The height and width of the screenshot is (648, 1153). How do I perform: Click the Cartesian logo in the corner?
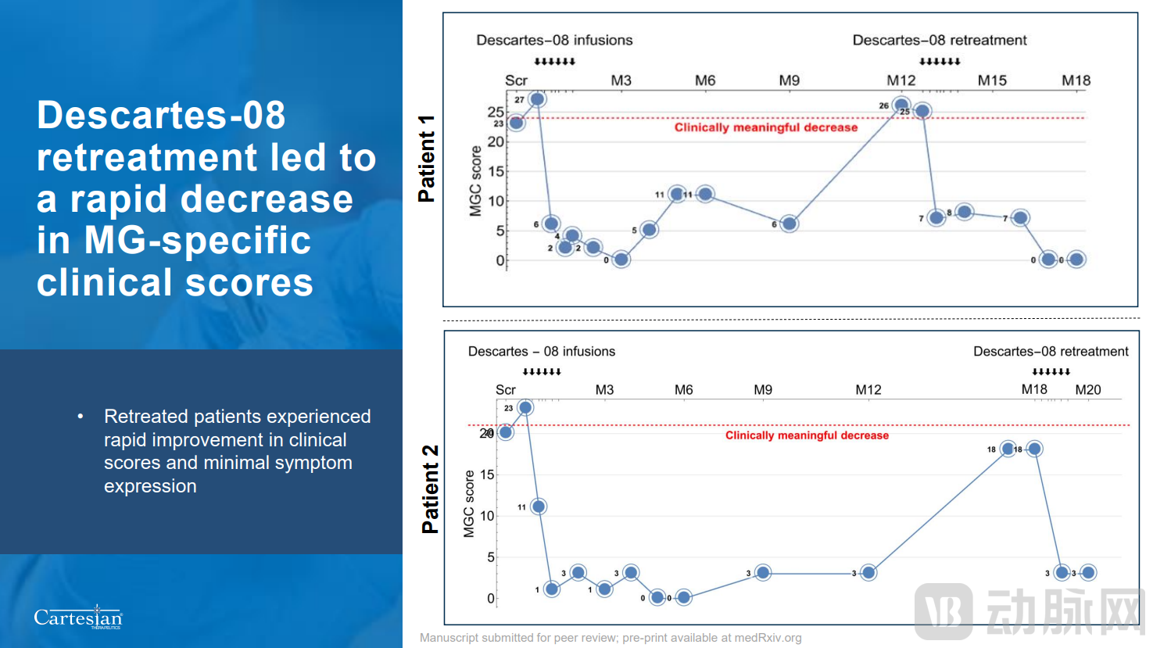click(78, 618)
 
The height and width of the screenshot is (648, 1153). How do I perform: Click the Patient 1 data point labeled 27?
click(537, 99)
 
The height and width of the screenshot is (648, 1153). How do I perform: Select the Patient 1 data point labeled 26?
click(901, 105)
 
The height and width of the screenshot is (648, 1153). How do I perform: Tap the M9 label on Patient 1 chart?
click(790, 81)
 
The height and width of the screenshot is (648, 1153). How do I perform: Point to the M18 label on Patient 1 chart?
click(1076, 81)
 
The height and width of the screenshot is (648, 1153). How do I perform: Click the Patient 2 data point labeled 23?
click(525, 407)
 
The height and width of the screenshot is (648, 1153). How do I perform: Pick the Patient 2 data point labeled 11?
click(538, 507)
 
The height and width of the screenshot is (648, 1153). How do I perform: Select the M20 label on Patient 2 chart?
click(1087, 389)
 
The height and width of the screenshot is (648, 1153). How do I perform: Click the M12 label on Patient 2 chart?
click(868, 389)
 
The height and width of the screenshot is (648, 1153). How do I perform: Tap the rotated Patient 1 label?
click(427, 159)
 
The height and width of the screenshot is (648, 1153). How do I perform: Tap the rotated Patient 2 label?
click(430, 489)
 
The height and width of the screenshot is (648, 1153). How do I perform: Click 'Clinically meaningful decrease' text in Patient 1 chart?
click(765, 127)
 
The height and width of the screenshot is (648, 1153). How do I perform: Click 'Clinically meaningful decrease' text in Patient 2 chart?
click(807, 435)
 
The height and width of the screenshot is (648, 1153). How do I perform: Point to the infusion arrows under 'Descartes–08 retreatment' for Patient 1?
click(940, 62)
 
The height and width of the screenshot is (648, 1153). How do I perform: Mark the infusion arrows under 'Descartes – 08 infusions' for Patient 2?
click(542, 372)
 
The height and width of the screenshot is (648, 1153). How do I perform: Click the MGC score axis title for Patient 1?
click(475, 181)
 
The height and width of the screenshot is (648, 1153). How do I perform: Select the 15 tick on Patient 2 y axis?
click(488, 474)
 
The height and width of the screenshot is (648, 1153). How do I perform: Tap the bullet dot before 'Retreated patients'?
click(81, 417)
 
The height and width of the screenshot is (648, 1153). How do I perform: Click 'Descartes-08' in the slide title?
click(161, 115)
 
